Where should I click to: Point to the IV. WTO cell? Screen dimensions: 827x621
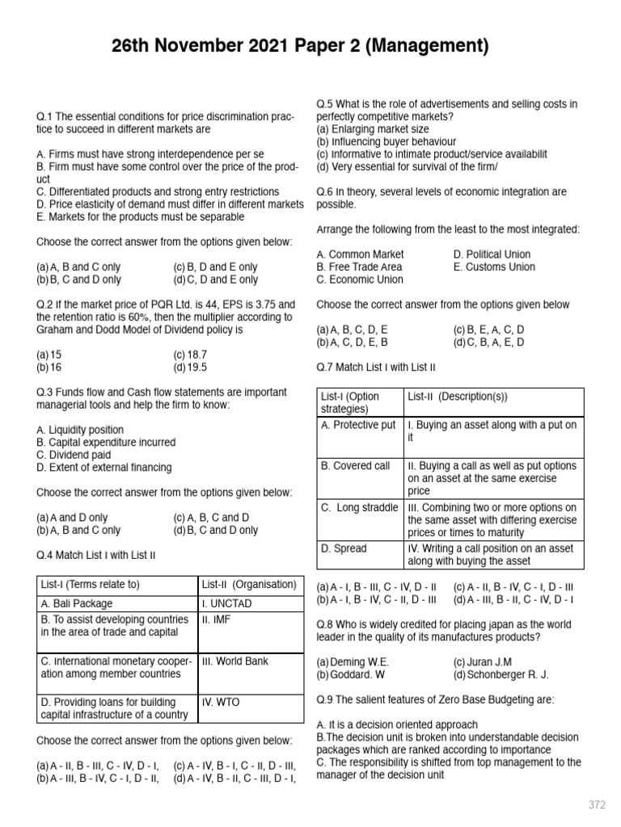coord(222,702)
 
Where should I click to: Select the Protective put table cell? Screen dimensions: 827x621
coord(358,425)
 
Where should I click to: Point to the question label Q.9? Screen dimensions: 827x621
coord(326,699)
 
